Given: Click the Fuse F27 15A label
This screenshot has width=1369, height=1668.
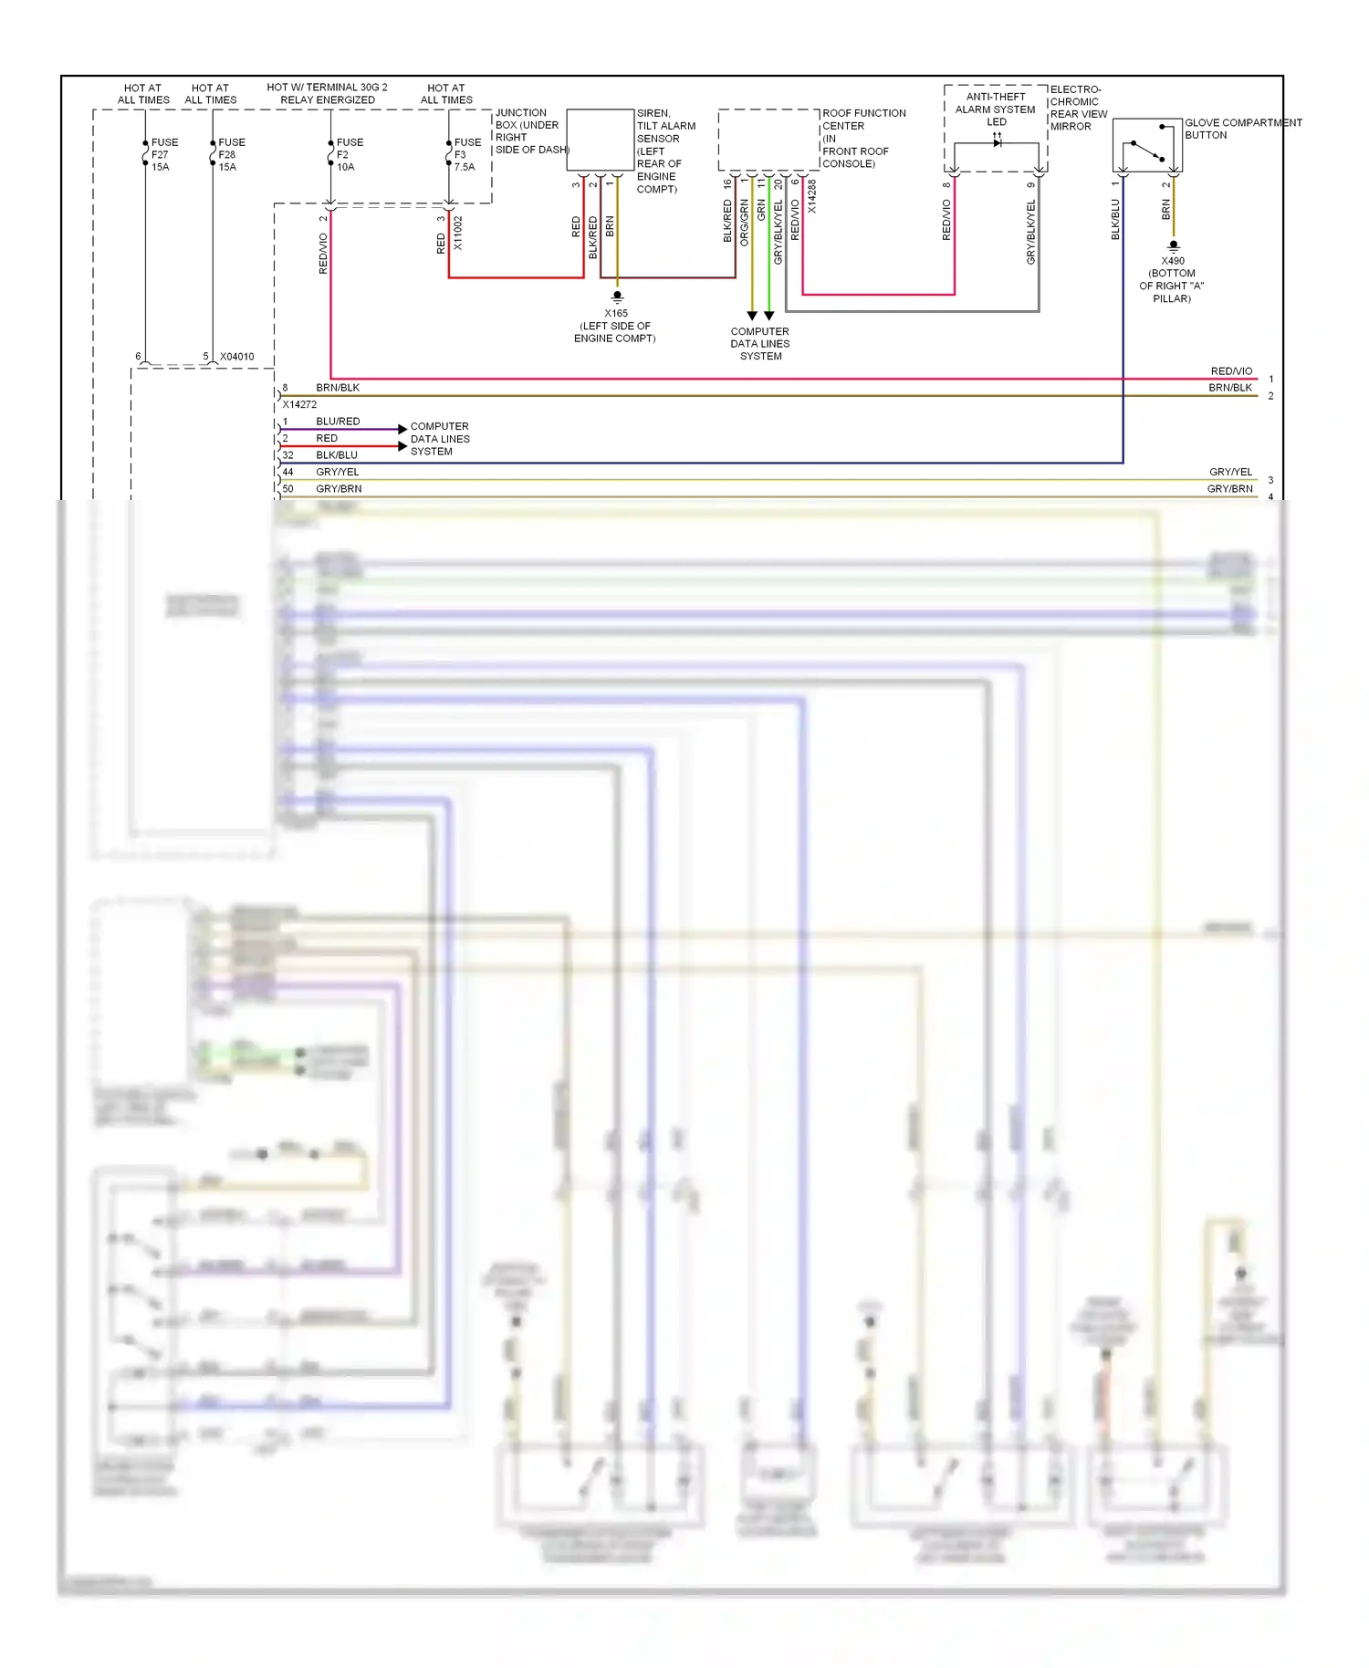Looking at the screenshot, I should click(163, 155).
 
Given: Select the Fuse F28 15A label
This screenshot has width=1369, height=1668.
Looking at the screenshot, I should click(231, 155).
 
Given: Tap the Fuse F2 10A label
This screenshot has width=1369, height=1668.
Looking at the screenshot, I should click(349, 155).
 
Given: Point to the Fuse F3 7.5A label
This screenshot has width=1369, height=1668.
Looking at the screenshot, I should click(466, 155).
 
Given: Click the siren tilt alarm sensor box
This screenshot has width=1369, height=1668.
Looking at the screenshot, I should click(601, 140).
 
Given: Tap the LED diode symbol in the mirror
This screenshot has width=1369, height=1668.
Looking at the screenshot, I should click(997, 142).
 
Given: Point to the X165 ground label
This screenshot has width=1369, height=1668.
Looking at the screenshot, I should click(615, 326).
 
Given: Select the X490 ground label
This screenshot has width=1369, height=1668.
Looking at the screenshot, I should click(1172, 279).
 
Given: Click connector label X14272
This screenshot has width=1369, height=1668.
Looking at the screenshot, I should click(299, 404).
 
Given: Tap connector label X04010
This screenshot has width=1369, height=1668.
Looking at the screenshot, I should click(236, 357).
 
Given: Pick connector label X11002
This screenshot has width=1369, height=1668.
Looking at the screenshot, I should click(458, 234).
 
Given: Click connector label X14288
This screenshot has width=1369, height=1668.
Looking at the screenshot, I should click(811, 196).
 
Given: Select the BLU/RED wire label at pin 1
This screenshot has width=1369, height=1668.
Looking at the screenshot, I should click(338, 422).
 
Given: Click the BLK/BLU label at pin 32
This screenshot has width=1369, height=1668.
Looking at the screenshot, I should click(337, 455).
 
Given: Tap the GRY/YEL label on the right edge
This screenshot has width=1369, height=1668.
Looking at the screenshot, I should click(1230, 472).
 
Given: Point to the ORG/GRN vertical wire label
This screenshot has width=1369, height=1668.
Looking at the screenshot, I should click(744, 223).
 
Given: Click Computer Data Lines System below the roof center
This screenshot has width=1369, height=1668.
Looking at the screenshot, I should click(759, 344).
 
